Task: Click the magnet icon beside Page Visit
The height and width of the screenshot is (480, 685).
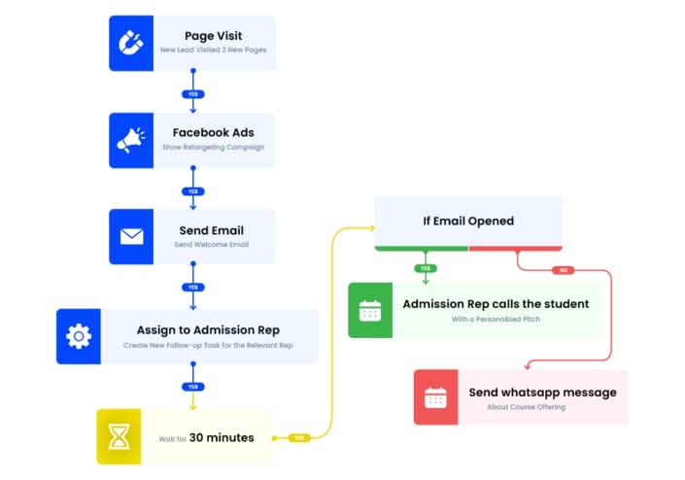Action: point(130,43)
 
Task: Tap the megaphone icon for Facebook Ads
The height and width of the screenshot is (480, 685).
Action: point(130,140)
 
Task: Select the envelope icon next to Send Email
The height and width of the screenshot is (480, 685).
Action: point(130,237)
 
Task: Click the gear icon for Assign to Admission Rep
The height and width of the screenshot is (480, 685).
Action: point(78,336)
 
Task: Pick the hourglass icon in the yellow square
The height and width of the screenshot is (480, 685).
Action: point(119,436)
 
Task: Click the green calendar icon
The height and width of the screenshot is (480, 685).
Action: point(370,311)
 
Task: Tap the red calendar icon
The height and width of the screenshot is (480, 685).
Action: point(435,397)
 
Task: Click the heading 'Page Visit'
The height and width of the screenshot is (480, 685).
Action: point(213,36)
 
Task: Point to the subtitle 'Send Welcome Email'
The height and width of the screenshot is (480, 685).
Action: point(212,245)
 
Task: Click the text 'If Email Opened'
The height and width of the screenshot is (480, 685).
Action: point(468,221)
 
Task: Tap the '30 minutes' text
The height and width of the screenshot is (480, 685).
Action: point(222,437)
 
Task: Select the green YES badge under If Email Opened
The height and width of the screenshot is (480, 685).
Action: point(425,268)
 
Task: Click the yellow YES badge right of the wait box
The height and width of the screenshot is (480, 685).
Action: point(298,437)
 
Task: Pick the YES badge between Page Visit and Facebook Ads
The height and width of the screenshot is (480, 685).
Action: point(192,94)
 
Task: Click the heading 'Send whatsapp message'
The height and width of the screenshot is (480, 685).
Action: point(542,393)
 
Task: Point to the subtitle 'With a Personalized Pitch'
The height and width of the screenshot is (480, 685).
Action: point(496,319)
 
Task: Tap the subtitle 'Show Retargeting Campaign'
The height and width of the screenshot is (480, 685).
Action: point(213,148)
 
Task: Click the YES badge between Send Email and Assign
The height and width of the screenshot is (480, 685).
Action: point(192,288)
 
